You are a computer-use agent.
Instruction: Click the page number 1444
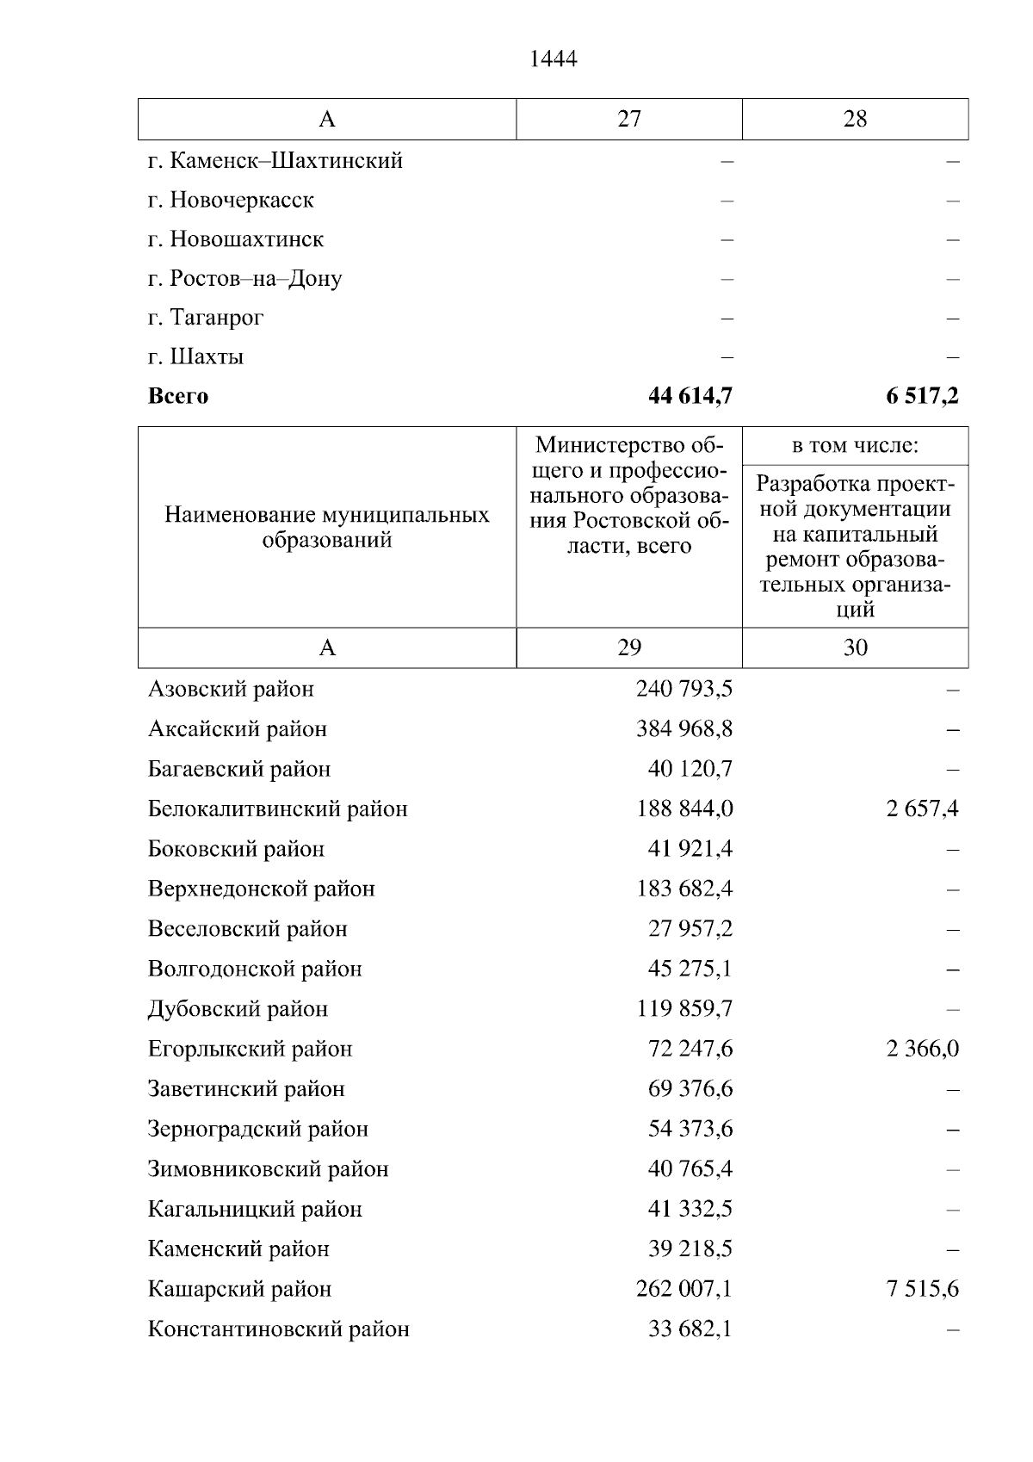pyautogui.click(x=553, y=59)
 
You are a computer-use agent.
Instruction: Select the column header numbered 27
pyautogui.click(x=629, y=119)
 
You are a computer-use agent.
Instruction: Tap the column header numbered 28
pyautogui.click(x=855, y=119)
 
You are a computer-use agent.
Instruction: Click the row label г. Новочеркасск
pyautogui.click(x=231, y=200)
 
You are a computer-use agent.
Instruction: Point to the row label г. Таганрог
pyautogui.click(x=206, y=318)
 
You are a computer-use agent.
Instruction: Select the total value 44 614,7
pyautogui.click(x=690, y=396)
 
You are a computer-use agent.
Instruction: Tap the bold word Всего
pyautogui.click(x=178, y=396)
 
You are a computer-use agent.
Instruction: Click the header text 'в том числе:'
pyautogui.click(x=855, y=446)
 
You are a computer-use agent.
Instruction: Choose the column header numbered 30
pyautogui.click(x=855, y=647)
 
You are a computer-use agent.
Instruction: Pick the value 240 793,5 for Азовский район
pyautogui.click(x=684, y=689)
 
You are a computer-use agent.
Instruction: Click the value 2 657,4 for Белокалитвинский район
pyautogui.click(x=922, y=808)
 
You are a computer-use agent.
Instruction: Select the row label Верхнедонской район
pyautogui.click(x=262, y=889)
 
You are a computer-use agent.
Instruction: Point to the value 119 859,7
pyautogui.click(x=684, y=1008)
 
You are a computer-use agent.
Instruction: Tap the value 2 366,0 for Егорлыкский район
pyautogui.click(x=922, y=1049)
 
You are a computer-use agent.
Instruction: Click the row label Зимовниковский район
pyautogui.click(x=268, y=1169)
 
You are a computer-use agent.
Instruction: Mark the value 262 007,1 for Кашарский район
pyautogui.click(x=684, y=1289)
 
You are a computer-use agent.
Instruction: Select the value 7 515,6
pyautogui.click(x=922, y=1289)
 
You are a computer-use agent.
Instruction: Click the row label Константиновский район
pyautogui.click(x=278, y=1329)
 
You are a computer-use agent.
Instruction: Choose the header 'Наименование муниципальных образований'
pyautogui.click(x=327, y=527)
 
